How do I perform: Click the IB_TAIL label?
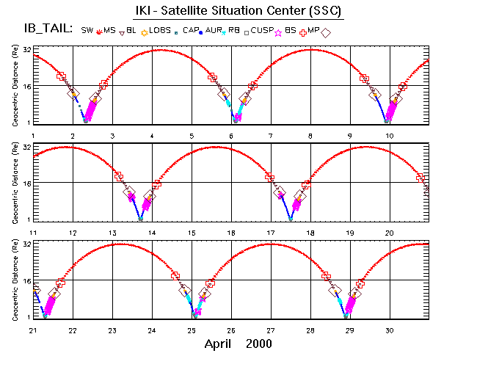click(48, 29)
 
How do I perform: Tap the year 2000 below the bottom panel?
click(259, 344)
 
